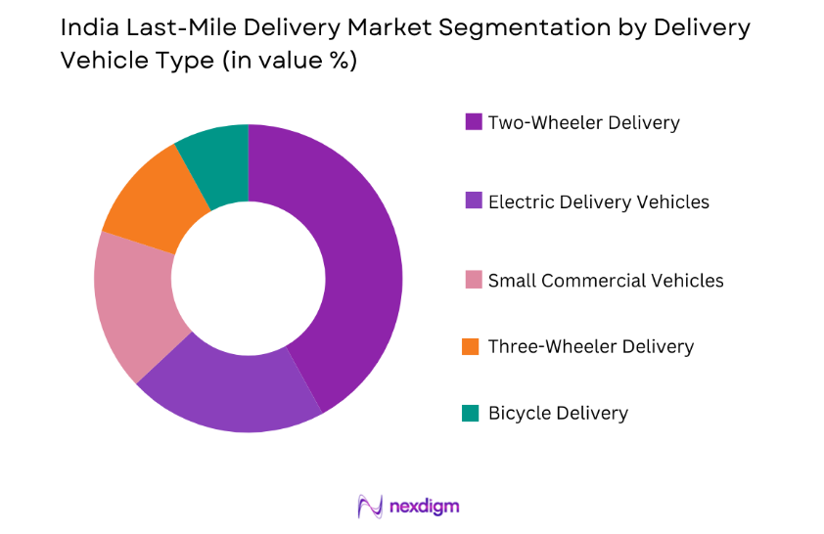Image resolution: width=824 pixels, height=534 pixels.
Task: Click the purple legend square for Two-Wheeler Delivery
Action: pos(473,122)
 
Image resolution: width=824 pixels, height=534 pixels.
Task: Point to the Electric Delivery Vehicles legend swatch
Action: pos(473,201)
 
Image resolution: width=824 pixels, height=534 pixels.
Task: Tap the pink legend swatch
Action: pos(473,281)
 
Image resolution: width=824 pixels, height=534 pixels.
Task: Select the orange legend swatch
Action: pos(473,346)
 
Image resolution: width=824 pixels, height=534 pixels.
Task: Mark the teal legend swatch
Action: pos(473,413)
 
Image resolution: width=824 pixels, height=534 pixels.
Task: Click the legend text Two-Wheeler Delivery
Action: pos(583,122)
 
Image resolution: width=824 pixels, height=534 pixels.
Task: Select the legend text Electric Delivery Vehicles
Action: pos(598,201)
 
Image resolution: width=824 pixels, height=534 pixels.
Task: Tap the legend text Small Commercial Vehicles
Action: pos(606,281)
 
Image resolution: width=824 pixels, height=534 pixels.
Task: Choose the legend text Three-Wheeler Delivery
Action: pos(590,346)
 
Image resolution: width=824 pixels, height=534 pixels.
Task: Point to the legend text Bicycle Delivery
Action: pos(558,413)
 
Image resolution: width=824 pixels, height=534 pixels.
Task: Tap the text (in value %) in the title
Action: pos(289,61)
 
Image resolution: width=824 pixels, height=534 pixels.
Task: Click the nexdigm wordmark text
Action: pos(424,506)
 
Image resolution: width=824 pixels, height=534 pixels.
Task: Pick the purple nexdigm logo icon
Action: pos(370,506)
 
